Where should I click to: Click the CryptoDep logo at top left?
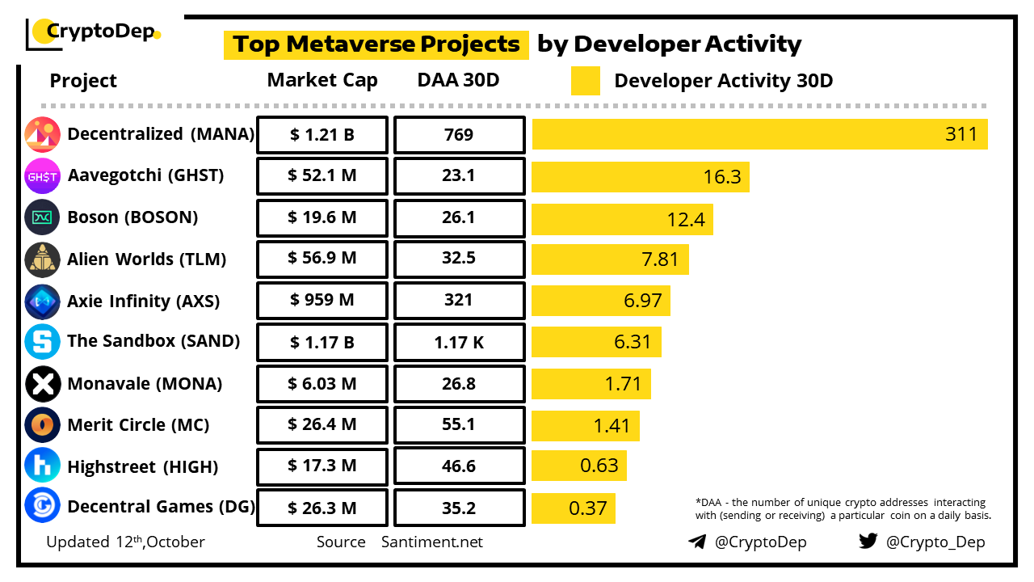pyautogui.click(x=93, y=32)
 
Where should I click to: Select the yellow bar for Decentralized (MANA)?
pyautogui.click(x=759, y=134)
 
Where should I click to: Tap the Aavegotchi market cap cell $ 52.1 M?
pyautogui.click(x=322, y=176)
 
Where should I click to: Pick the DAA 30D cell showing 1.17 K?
pyautogui.click(x=459, y=342)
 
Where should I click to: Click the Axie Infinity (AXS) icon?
pyautogui.click(x=42, y=301)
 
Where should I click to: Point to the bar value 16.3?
pyautogui.click(x=721, y=177)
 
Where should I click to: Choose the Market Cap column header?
pyautogui.click(x=322, y=81)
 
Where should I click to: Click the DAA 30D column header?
pyautogui.click(x=459, y=81)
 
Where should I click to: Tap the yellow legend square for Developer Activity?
pyautogui.click(x=585, y=81)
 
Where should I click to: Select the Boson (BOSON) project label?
pyautogui.click(x=132, y=217)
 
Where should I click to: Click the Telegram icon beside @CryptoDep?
pyautogui.click(x=697, y=542)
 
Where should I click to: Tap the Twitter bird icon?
pyautogui.click(x=868, y=541)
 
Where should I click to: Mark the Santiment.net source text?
pyautogui.click(x=432, y=542)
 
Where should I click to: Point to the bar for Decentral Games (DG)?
pyautogui.click(x=574, y=508)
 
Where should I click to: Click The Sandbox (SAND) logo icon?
pyautogui.click(x=42, y=342)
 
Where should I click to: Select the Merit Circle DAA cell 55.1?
pyautogui.click(x=459, y=424)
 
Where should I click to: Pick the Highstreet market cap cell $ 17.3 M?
pyautogui.click(x=322, y=466)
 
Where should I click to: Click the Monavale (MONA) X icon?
pyautogui.click(x=42, y=384)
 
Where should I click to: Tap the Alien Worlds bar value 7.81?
pyautogui.click(x=661, y=260)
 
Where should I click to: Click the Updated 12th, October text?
pyautogui.click(x=125, y=542)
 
